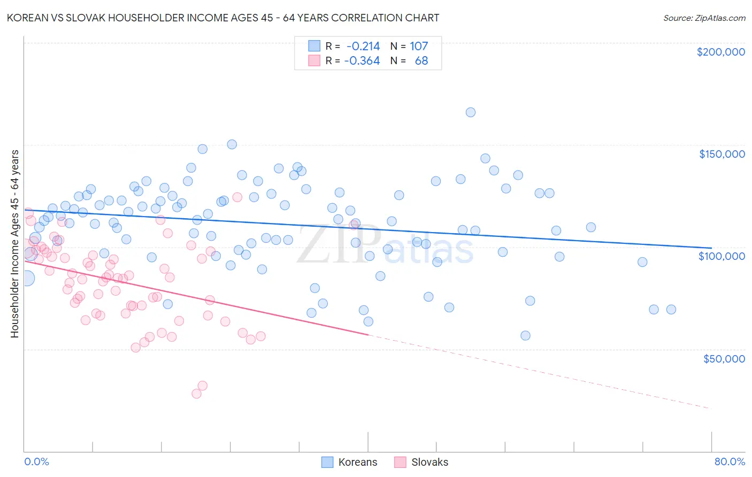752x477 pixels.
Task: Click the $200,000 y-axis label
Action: [720, 52]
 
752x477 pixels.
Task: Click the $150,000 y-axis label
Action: [722, 154]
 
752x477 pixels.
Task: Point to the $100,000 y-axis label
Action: [722, 256]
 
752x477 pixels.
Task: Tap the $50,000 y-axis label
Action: [724, 358]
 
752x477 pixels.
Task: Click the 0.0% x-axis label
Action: [36, 461]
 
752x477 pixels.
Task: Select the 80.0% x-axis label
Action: [730, 461]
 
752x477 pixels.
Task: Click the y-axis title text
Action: [15, 244]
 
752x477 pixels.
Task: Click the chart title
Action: [223, 18]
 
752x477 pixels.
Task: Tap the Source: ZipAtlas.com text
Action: [704, 18]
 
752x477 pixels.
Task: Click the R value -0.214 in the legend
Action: [363, 47]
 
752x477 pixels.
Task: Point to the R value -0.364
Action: [362, 61]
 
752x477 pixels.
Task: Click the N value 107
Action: [419, 47]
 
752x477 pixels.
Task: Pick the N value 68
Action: [421, 61]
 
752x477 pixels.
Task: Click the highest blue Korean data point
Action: [471, 112]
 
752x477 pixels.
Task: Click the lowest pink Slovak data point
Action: [196, 394]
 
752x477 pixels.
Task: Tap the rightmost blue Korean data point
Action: [671, 310]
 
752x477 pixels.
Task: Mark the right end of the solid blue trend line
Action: [711, 248]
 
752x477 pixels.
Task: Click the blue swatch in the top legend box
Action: [314, 47]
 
